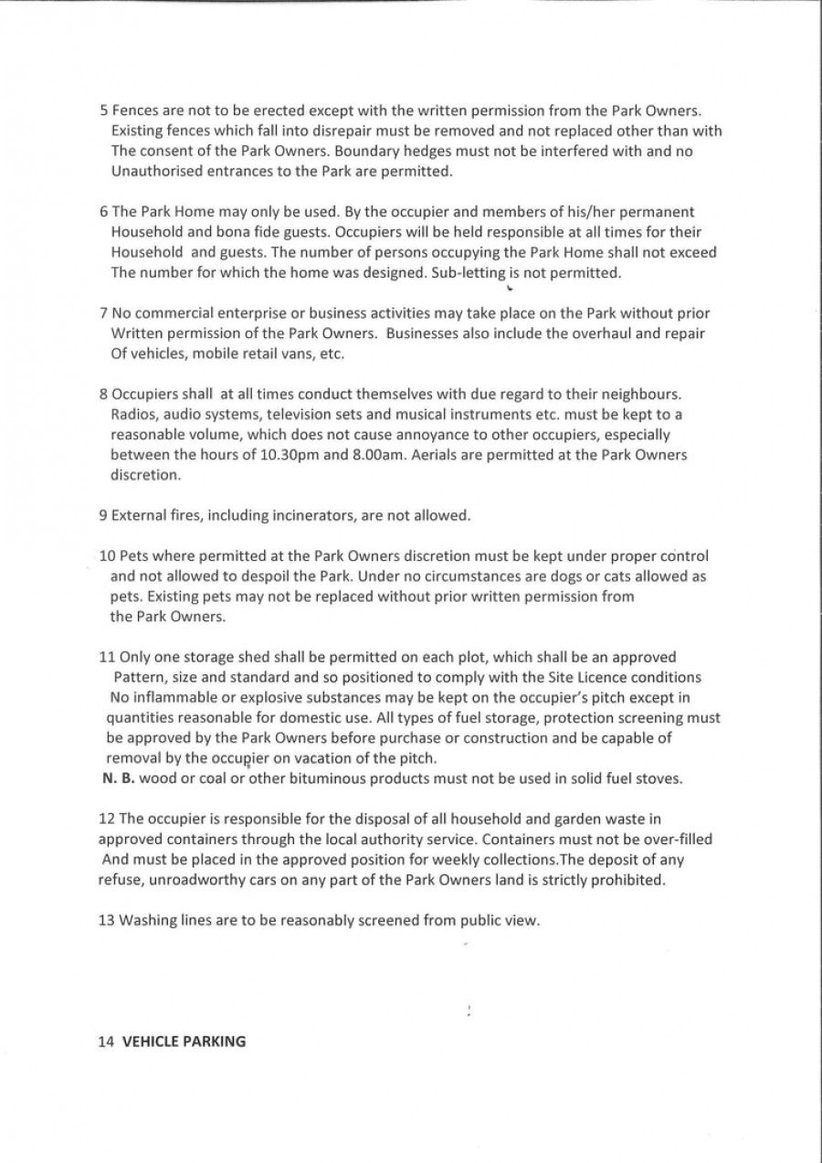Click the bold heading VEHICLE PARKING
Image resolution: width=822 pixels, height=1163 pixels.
tap(184, 1040)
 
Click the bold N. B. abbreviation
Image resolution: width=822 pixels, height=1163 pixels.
tap(118, 779)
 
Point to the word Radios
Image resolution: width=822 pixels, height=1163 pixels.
tap(133, 415)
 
